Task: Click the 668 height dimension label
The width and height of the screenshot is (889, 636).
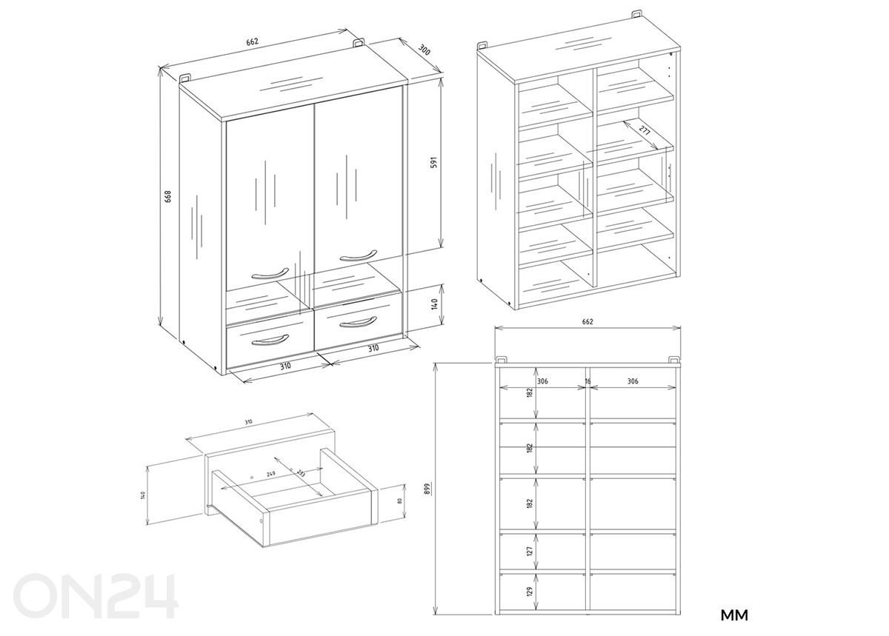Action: tap(168, 196)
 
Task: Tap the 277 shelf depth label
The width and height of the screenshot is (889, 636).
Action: tap(643, 134)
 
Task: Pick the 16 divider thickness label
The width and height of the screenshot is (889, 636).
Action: tap(587, 381)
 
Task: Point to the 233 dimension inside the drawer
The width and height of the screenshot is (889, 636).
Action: tap(300, 473)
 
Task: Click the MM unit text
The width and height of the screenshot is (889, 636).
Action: tap(734, 615)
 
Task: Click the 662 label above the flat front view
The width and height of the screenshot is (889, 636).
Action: tap(587, 322)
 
